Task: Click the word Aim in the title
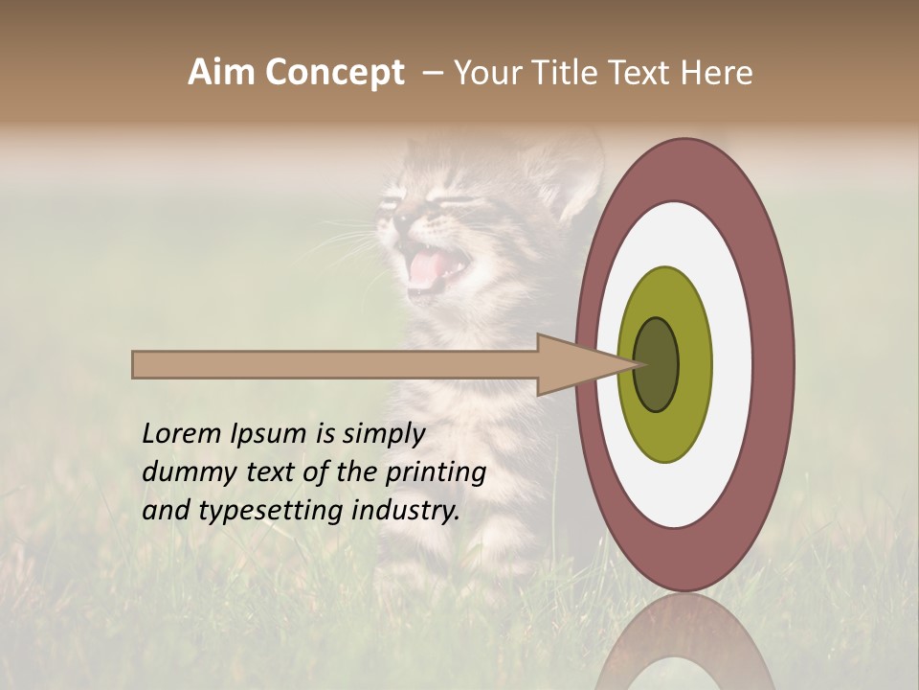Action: [221, 73]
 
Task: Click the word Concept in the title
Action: [333, 73]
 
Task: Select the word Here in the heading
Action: [717, 73]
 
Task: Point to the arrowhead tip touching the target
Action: [637, 364]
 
